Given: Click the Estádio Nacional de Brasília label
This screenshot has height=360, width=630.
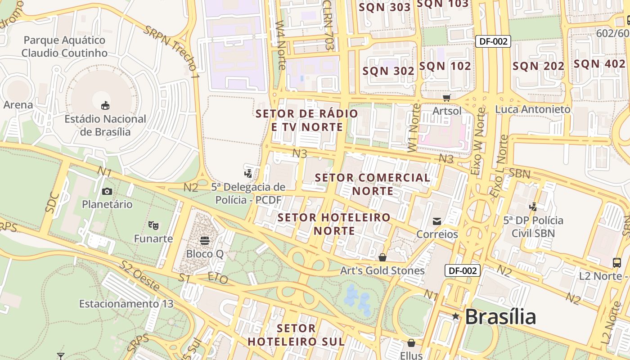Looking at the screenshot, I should pyautogui.click(x=105, y=126).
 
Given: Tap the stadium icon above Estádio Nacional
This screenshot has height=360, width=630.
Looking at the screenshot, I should pyautogui.click(x=105, y=106).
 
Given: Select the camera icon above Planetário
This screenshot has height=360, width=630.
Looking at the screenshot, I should pyautogui.click(x=107, y=191).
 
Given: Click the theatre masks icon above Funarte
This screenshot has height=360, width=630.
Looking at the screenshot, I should pyautogui.click(x=153, y=225).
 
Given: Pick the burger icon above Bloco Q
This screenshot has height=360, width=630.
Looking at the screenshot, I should pyautogui.click(x=205, y=240).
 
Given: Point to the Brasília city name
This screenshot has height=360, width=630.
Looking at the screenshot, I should pyautogui.click(x=500, y=317).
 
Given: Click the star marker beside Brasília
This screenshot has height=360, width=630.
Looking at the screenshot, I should pyautogui.click(x=456, y=317).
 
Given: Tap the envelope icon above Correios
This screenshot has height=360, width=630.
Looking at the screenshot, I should pyautogui.click(x=437, y=221).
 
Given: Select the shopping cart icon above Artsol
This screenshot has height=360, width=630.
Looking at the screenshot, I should pyautogui.click(x=447, y=98).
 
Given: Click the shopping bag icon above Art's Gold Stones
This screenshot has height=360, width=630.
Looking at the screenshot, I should pyautogui.click(x=382, y=257).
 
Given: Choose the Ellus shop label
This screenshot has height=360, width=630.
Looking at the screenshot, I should pyautogui.click(x=411, y=355).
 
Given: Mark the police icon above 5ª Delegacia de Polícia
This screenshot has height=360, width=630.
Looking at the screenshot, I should pyautogui.click(x=248, y=173).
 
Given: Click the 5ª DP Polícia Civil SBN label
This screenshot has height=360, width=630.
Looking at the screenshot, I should pyautogui.click(x=533, y=227).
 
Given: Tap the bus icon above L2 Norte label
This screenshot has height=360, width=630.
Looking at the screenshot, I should pyautogui.click(x=617, y=263).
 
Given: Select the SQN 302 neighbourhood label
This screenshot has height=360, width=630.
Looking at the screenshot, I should pyautogui.click(x=388, y=71).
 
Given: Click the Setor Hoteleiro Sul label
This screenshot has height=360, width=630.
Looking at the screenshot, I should pyautogui.click(x=296, y=334).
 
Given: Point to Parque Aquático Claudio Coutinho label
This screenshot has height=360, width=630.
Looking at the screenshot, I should pyautogui.click(x=64, y=46).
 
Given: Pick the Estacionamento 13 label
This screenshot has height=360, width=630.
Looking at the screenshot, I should pyautogui.click(x=126, y=304).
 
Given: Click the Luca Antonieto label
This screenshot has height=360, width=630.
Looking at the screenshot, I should pyautogui.click(x=532, y=109).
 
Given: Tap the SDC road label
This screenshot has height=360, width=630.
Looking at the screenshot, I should pyautogui.click(x=52, y=202).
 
